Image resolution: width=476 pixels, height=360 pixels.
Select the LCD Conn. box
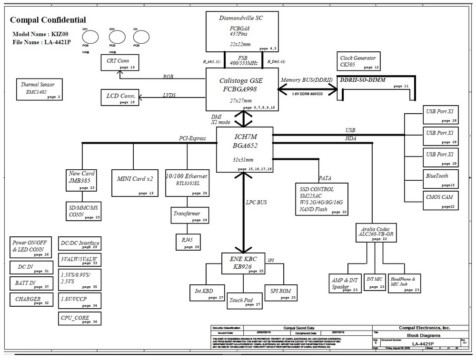[121, 97]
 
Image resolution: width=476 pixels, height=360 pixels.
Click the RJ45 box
[188, 242]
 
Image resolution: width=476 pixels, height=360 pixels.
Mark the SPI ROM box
[281, 293]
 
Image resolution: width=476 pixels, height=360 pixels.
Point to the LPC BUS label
[257, 203]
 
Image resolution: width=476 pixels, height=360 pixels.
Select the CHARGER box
[31, 300]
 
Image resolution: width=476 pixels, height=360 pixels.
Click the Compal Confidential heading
[48, 20]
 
